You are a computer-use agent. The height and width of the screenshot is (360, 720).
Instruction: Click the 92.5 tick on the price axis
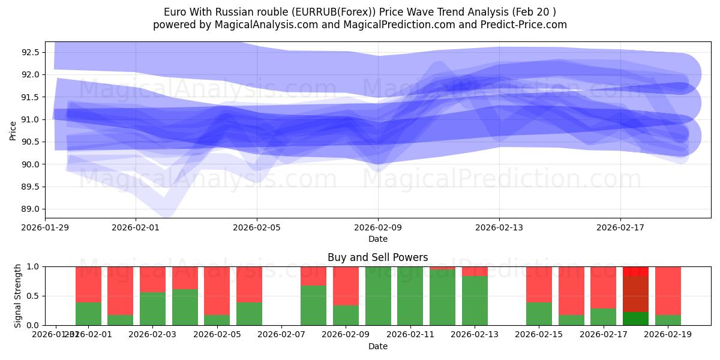31,52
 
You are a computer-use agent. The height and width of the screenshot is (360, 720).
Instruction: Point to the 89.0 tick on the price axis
31,209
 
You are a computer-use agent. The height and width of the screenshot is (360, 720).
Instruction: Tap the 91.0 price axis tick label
31,119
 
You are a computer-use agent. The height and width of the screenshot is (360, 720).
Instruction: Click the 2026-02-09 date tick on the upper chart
378,227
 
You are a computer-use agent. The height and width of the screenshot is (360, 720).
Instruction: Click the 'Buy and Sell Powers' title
378,257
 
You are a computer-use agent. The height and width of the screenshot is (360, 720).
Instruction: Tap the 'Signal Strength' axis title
18,295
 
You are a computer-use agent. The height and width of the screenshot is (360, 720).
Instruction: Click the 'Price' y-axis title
13,130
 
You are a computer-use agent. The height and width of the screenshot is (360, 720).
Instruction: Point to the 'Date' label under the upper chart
378,239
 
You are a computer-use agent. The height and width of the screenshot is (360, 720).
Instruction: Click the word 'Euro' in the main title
175,12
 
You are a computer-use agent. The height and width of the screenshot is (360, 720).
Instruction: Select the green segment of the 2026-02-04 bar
185,307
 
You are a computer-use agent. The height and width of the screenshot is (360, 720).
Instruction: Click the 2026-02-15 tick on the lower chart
539,334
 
